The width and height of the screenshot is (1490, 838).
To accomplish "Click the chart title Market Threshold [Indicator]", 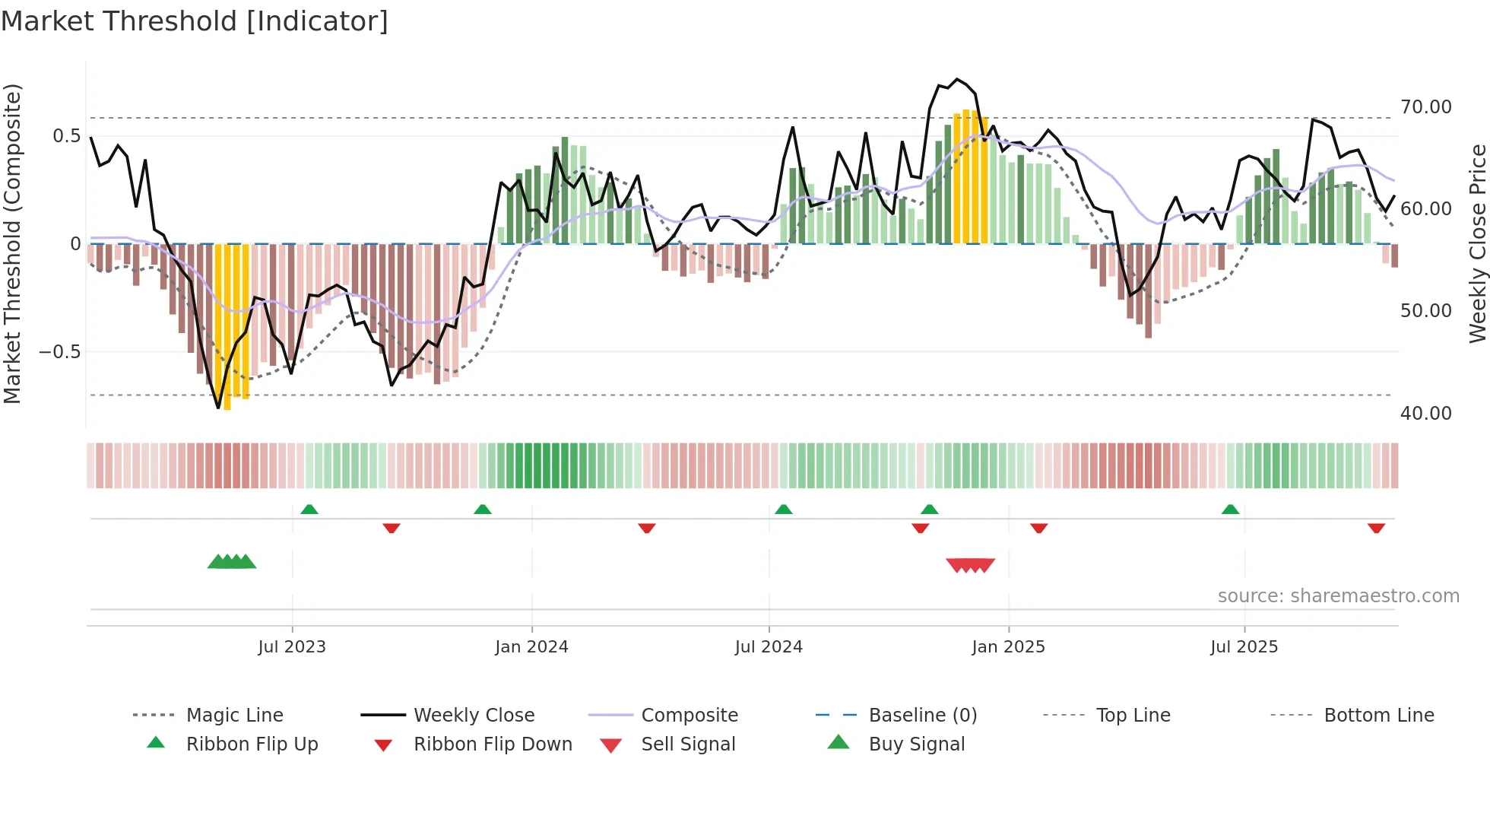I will point(195,21).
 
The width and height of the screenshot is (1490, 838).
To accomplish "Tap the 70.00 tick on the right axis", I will point(1425,107).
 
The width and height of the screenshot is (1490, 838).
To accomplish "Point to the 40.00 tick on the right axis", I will point(1425,414).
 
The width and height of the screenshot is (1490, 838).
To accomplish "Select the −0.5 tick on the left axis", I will point(59,352).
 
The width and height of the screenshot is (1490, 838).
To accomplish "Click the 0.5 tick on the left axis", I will point(66,136).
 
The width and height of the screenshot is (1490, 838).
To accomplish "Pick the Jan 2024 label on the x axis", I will point(531,647).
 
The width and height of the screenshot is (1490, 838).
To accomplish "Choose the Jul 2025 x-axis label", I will point(1244,647).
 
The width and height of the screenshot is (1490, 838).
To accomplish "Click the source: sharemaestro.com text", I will point(1338,596).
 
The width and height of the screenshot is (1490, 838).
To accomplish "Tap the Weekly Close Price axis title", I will point(1477,243).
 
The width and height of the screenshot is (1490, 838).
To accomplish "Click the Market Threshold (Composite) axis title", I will point(12,243).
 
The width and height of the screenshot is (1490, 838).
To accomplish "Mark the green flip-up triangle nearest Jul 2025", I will point(1230,509).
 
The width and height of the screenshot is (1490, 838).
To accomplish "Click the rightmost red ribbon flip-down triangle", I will point(1376,528).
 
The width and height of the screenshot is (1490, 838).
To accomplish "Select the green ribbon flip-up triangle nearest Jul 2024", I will point(784,509).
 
